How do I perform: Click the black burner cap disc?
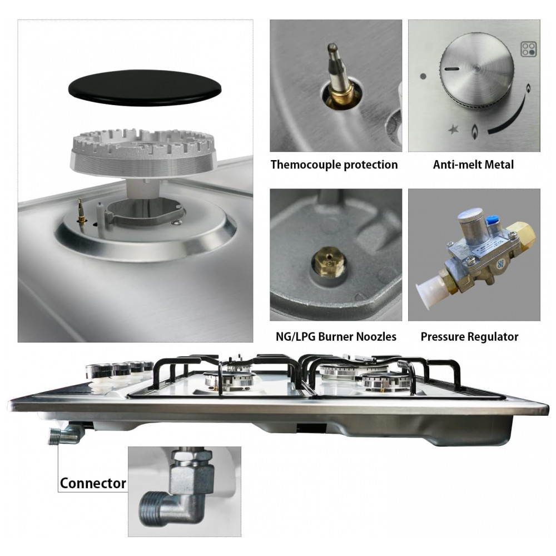click(145, 88)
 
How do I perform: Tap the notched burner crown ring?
click(144, 152)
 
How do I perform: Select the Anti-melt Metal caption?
click(473, 165)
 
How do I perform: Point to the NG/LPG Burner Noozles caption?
click(336, 336)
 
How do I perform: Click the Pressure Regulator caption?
click(469, 336)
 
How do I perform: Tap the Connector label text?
click(93, 483)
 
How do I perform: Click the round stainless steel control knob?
click(477, 71)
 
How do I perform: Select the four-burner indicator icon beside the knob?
click(528, 49)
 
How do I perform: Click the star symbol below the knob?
click(453, 130)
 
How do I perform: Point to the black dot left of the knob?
click(423, 76)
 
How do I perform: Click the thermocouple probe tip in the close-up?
click(332, 47)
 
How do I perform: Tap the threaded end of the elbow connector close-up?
click(151, 508)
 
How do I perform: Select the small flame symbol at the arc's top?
click(528, 88)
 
